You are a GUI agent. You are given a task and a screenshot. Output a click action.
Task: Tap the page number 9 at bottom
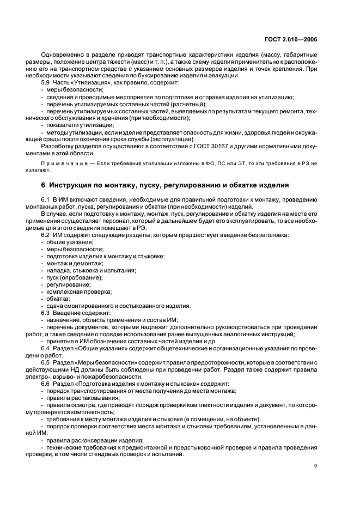click(x=316, y=466)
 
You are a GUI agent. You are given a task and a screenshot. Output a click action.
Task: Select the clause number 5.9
click(x=46, y=83)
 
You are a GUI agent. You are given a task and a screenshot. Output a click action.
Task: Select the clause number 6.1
click(x=46, y=199)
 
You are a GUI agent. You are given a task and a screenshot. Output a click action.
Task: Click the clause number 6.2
click(x=46, y=235)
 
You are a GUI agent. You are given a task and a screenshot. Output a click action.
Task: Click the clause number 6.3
click(x=46, y=313)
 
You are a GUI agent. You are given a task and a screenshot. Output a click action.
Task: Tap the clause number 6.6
click(x=46, y=384)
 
